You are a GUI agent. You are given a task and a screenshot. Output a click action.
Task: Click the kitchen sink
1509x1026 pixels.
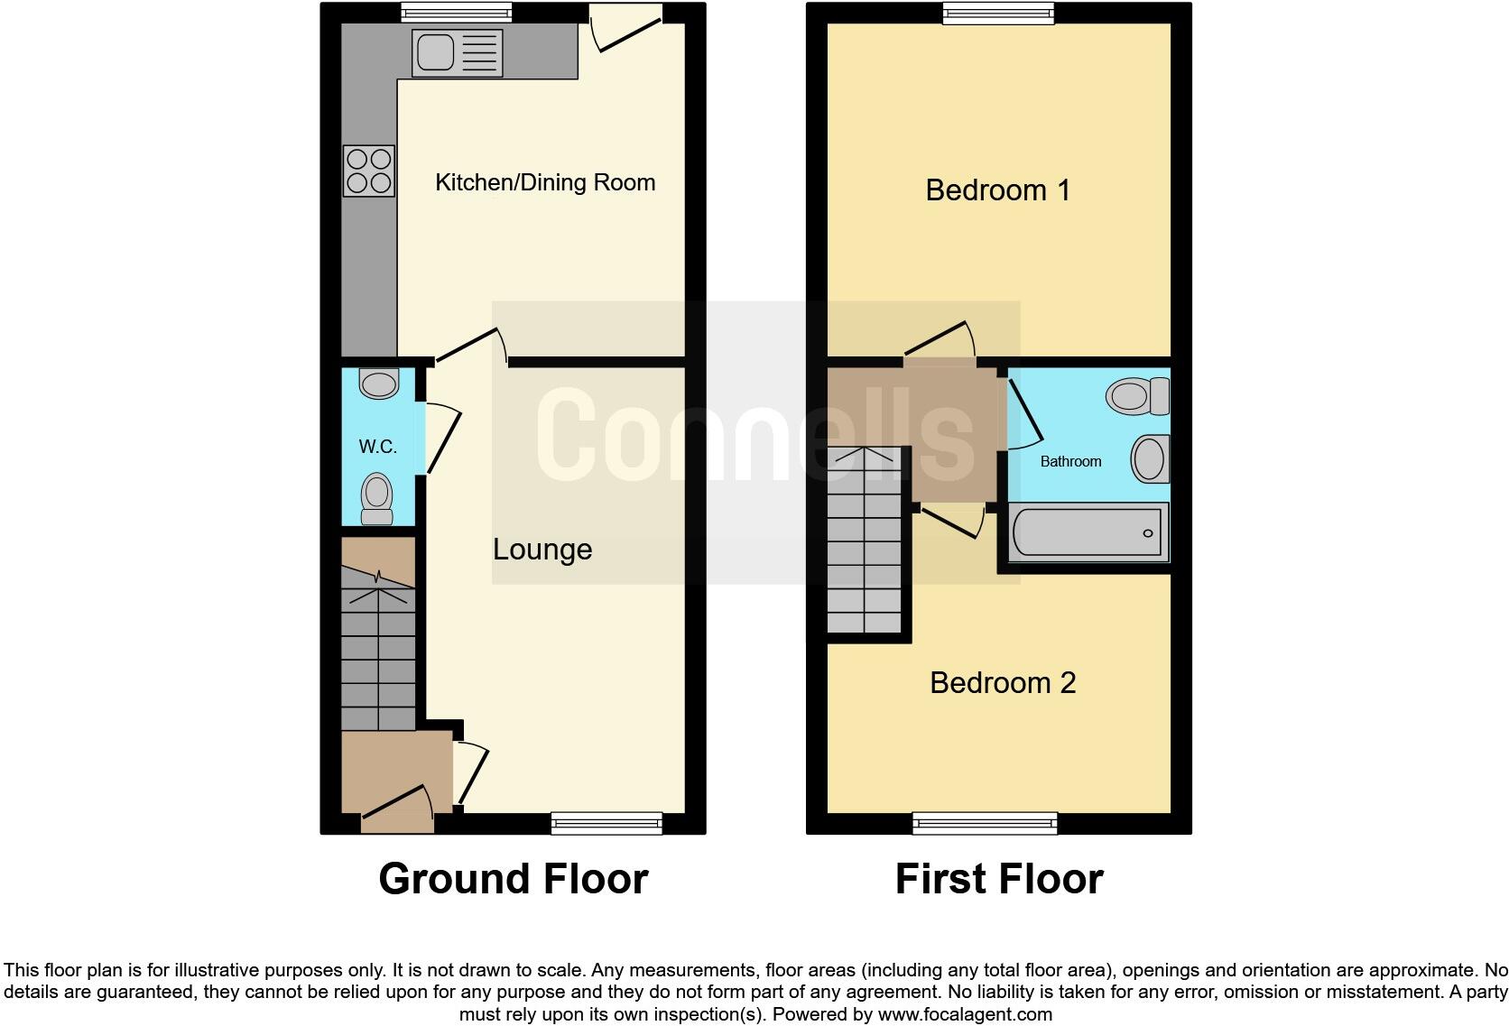[x=456, y=52]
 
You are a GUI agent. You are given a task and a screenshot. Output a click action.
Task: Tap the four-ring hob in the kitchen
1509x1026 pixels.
[x=369, y=171]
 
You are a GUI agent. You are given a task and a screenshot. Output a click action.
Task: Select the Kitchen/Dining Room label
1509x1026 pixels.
[x=545, y=182]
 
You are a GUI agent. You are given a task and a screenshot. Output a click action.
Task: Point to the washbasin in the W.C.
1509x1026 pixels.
[x=378, y=384]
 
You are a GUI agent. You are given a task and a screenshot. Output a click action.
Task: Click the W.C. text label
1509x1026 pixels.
[x=378, y=447]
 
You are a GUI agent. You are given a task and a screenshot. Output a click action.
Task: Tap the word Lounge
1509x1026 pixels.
[x=542, y=550]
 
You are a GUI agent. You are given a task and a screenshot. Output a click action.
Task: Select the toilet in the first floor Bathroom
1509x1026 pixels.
[x=1137, y=396]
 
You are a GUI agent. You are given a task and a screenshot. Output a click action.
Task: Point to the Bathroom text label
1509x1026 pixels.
[x=1070, y=461]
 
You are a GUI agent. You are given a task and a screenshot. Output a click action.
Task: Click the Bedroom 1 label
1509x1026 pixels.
[x=997, y=190]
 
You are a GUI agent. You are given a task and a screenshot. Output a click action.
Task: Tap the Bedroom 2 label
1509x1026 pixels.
[x=1003, y=683]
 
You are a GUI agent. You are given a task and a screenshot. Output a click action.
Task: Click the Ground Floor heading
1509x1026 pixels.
[x=513, y=878]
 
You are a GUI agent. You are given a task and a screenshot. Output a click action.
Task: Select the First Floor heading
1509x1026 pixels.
[x=998, y=878]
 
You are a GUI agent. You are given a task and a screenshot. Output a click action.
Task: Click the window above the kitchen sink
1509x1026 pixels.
[x=457, y=13]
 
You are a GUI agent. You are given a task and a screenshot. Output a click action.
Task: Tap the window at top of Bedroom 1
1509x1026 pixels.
[x=998, y=13]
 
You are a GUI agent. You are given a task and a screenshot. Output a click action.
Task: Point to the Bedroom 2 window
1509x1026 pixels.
[x=985, y=822]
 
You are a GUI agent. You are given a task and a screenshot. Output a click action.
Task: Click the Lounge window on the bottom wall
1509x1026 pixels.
[x=606, y=822]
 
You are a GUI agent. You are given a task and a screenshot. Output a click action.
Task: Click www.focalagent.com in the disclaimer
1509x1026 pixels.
[x=965, y=1014]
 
